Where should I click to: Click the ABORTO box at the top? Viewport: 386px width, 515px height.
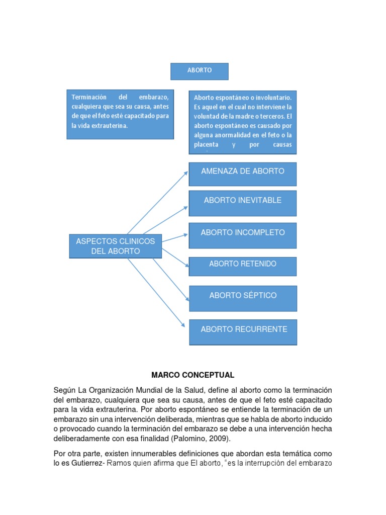[x=200, y=71]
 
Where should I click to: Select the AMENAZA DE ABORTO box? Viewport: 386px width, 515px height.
[x=242, y=174]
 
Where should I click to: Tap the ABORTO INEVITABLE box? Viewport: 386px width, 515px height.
[x=242, y=203]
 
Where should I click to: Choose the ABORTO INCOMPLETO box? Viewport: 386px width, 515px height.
[x=242, y=235]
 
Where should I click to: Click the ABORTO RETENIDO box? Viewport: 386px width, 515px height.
[x=242, y=266]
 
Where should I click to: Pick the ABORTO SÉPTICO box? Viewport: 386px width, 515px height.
[x=243, y=298]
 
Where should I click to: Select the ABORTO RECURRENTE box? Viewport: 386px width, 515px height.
[x=243, y=331]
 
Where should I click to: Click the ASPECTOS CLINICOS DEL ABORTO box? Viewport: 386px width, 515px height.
[x=116, y=246]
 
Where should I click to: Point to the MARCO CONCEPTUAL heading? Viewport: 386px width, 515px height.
[x=193, y=375]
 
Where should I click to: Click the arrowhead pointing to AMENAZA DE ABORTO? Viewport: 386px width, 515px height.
[x=186, y=173]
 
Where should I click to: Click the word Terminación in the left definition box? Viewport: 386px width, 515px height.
[x=90, y=97]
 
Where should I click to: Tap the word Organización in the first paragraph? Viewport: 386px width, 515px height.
[x=117, y=391]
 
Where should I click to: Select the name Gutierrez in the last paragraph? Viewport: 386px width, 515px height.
[x=85, y=463]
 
